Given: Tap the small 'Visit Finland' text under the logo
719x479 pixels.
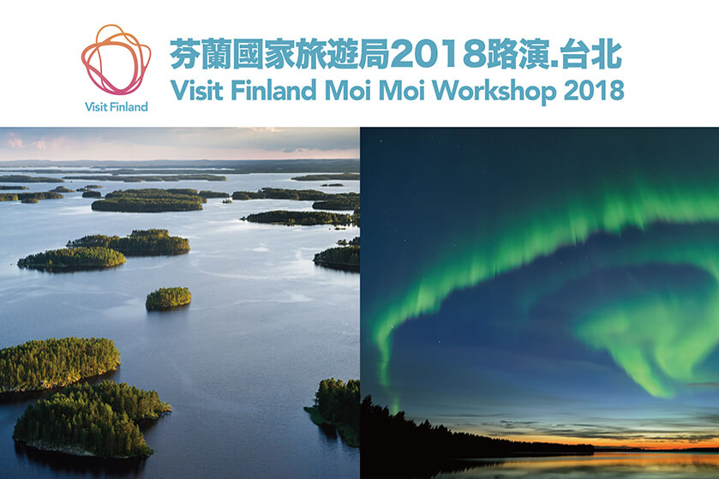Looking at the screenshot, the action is pos(117,107).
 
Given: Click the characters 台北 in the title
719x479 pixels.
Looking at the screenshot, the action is pos(591,54).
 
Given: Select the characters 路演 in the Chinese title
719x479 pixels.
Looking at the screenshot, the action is pos(518,54).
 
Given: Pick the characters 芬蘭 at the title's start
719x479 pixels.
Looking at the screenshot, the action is pos(201,54).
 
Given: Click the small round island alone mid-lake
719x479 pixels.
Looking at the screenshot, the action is pos(168,298).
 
